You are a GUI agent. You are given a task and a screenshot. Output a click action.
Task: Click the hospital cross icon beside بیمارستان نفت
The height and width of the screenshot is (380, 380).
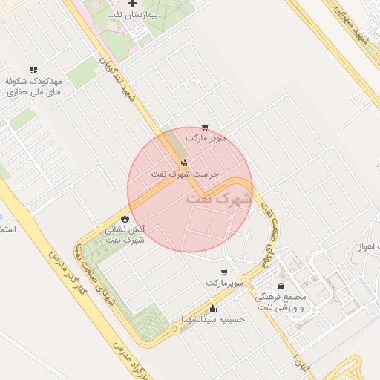click(133, 4)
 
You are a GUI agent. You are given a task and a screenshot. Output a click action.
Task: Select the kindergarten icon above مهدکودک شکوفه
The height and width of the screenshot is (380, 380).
click(33, 70)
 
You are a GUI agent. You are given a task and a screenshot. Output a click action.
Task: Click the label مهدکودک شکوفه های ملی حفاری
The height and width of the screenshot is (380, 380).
click(34, 87)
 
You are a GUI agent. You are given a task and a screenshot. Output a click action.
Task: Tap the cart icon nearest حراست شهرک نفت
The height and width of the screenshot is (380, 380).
click(205, 128)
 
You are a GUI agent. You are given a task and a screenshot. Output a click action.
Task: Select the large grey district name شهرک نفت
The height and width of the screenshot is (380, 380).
click(219, 199)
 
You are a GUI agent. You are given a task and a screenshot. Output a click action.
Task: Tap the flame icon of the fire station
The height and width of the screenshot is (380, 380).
click(125, 219)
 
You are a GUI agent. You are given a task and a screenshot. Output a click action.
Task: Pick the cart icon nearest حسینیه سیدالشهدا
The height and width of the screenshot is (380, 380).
click(225, 272)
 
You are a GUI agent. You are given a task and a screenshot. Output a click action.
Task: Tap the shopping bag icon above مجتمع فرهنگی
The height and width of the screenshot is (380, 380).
click(281, 286)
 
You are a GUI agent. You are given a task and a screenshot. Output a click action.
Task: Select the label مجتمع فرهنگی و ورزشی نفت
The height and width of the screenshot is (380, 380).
click(281, 301)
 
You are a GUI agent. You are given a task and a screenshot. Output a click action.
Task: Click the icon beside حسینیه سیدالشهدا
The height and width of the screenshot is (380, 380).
click(214, 308)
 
